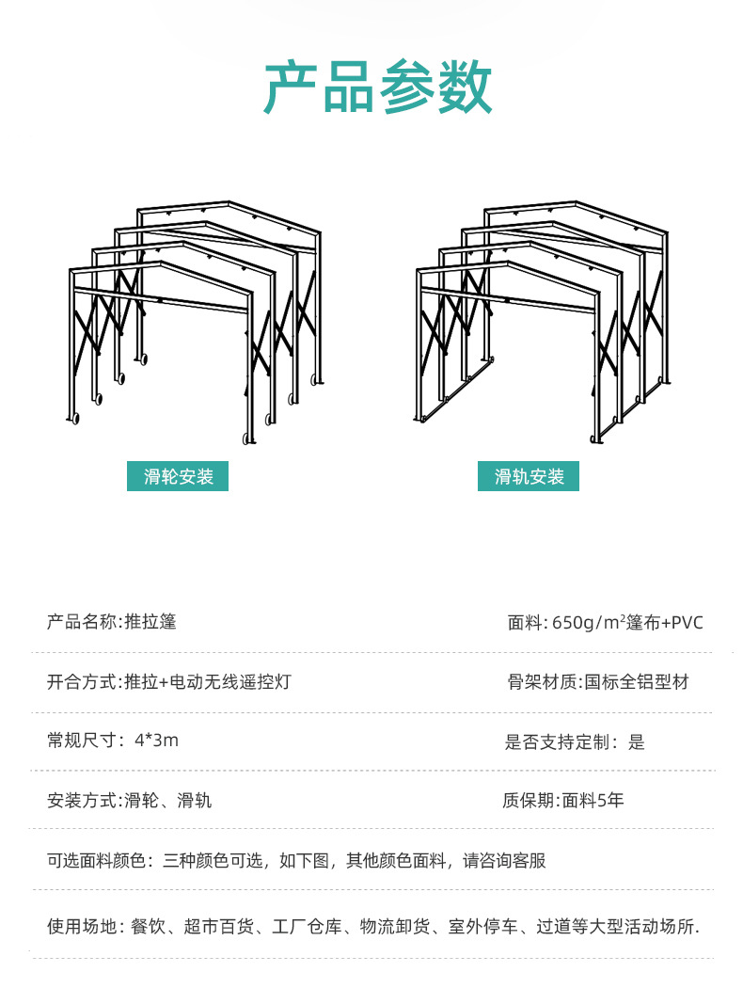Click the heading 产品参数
[377, 88]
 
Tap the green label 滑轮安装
[178, 476]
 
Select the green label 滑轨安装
[529, 476]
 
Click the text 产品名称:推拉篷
[111, 621]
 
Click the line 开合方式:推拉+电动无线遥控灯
[168, 681]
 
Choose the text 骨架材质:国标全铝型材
[597, 681]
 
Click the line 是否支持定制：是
[575, 741]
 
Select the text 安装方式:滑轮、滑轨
[129, 801]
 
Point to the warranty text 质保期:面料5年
[562, 801]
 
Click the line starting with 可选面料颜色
[296, 860]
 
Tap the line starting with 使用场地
[372, 926]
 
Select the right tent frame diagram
[543, 320]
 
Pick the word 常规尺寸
[82, 741]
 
